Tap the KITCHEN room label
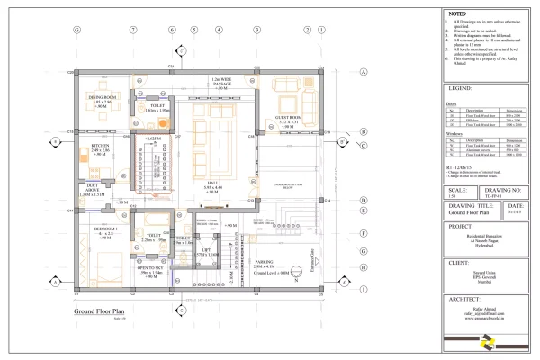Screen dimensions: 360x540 click(x=99, y=145)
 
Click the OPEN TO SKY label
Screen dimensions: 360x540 click(x=149, y=267)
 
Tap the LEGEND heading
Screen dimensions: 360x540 click(x=462, y=89)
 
